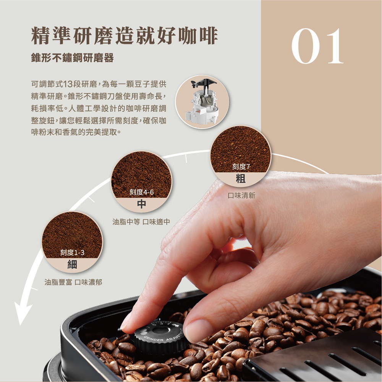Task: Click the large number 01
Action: (x=317, y=46)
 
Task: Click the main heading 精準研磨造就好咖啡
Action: (x=124, y=36)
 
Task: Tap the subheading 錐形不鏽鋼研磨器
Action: (x=72, y=58)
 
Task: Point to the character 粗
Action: (x=241, y=178)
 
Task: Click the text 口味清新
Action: (x=241, y=196)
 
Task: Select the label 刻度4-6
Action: (x=141, y=192)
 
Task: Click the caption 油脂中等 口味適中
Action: (x=141, y=222)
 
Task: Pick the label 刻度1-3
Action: (x=72, y=253)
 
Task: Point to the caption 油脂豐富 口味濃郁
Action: (x=72, y=282)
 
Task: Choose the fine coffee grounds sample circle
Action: (x=72, y=233)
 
